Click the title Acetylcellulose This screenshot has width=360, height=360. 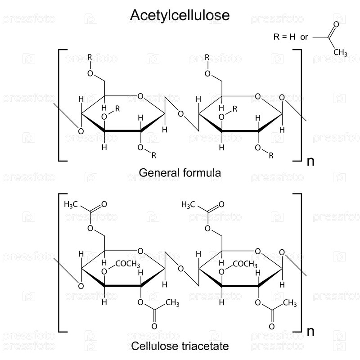(x=180, y=15)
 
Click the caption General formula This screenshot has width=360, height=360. (x=180, y=173)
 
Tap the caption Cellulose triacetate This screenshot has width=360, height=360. (x=180, y=346)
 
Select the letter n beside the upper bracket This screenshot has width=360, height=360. (x=310, y=162)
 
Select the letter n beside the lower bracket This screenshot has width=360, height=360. (x=310, y=332)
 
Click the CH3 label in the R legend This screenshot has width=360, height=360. (x=340, y=52)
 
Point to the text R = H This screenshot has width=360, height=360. (x=284, y=37)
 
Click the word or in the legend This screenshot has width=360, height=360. (x=304, y=37)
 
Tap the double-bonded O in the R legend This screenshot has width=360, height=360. (x=336, y=24)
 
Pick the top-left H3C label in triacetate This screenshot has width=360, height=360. (x=71, y=204)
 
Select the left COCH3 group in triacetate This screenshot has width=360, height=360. (x=128, y=264)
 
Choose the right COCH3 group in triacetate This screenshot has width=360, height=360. (x=245, y=264)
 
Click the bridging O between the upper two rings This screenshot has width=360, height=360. (x=181, y=114)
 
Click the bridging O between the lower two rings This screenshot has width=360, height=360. (x=181, y=269)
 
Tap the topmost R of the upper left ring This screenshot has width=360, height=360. (x=90, y=58)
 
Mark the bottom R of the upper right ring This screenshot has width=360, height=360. (x=271, y=156)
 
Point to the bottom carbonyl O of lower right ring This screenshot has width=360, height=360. (x=272, y=326)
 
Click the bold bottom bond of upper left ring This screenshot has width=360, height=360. (x=123, y=131)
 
